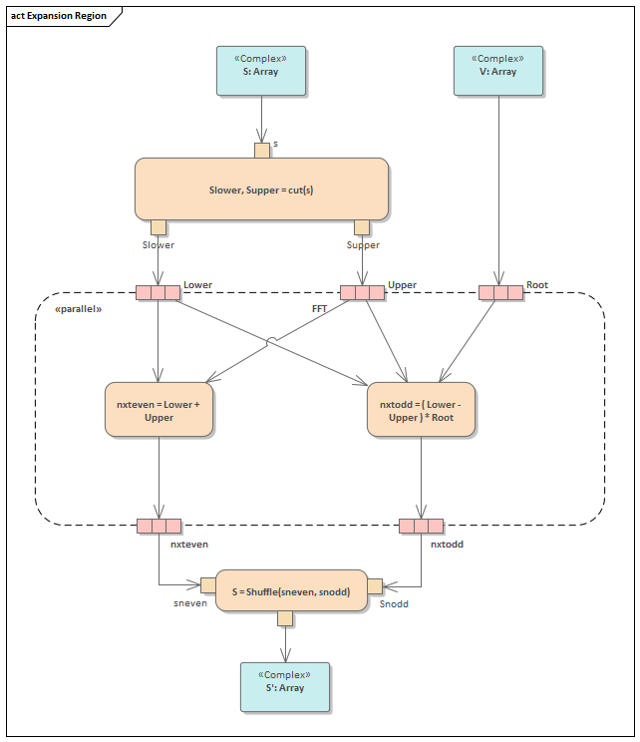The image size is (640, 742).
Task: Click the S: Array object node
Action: tap(261, 71)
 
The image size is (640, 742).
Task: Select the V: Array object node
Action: tap(498, 71)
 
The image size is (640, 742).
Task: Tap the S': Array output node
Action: tap(285, 687)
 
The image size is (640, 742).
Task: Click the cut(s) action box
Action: tap(261, 188)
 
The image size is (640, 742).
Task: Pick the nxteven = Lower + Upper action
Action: tap(159, 410)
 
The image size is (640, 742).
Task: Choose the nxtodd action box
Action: tap(421, 410)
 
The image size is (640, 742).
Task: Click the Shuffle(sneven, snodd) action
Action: tap(284, 590)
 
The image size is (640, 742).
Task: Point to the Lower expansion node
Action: tap(159, 292)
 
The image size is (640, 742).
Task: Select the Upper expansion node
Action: tap(362, 292)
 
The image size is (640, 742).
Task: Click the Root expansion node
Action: tap(500, 292)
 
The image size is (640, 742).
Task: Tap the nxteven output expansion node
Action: tap(159, 526)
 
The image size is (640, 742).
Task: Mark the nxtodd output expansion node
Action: tap(421, 526)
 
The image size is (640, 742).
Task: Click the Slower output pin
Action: tap(159, 227)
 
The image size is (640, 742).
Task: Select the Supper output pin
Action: tap(362, 227)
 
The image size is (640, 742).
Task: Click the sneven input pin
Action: tap(208, 585)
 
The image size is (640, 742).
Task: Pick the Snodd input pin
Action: tap(375, 585)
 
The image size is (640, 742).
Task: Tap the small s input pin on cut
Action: tap(262, 151)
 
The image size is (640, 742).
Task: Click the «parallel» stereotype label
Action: tap(79, 310)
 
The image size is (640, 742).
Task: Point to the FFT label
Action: tap(319, 309)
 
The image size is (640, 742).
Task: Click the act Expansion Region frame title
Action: tap(59, 16)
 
